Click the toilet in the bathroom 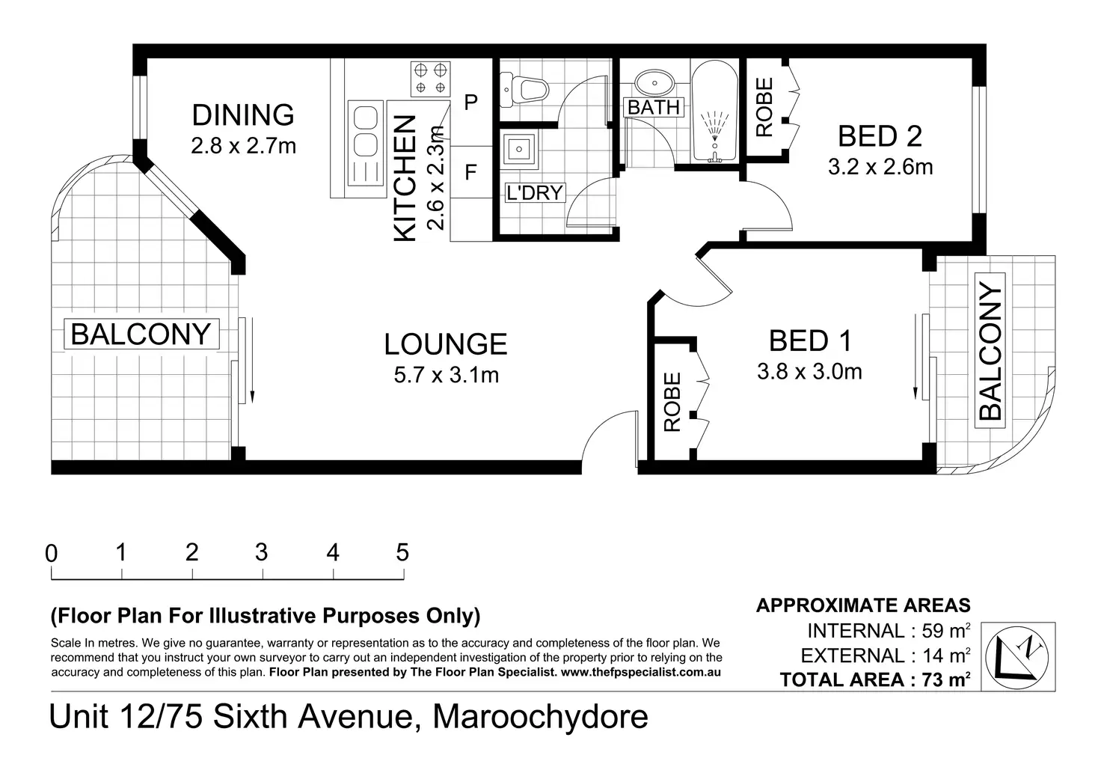(x=524, y=89)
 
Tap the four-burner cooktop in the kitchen (x=431, y=79)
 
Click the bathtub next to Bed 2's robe (x=714, y=111)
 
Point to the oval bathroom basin (x=654, y=82)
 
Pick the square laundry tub (x=518, y=147)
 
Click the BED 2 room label (x=880, y=136)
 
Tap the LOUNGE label (x=445, y=343)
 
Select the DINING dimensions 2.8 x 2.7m (x=243, y=146)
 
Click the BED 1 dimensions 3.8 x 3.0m (x=809, y=372)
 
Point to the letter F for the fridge (x=470, y=173)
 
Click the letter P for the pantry (x=471, y=103)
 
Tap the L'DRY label (x=535, y=193)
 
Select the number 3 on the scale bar (x=262, y=552)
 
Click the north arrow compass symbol (x=1017, y=658)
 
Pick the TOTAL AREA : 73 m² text (x=875, y=679)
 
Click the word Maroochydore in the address (x=540, y=717)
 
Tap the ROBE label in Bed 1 (x=672, y=403)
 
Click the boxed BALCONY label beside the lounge (x=141, y=334)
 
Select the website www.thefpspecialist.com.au (x=640, y=672)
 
